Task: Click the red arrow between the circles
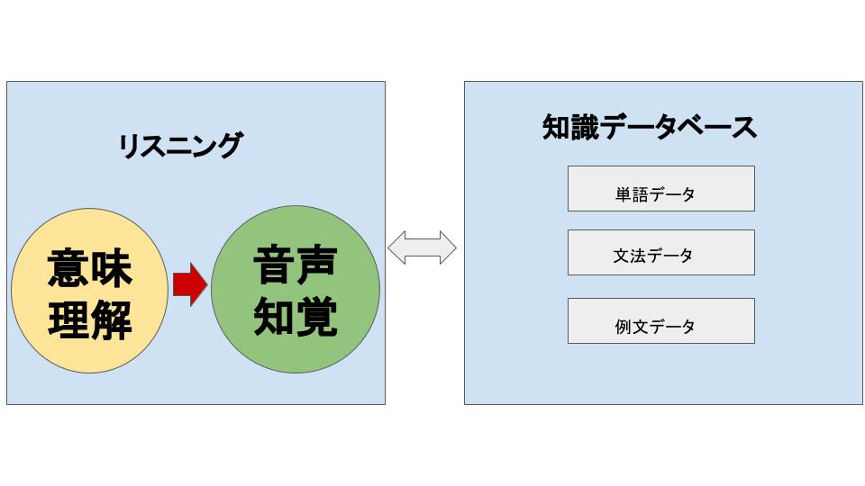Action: point(190,284)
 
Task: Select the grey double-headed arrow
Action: point(422,247)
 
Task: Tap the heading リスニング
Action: point(180,146)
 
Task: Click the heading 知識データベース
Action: point(650,127)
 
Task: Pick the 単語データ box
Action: point(660,188)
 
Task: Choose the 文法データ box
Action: point(660,252)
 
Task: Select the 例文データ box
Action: point(660,320)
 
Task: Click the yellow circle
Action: point(89,291)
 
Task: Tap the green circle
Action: point(296,289)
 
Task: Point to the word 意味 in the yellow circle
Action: point(90,268)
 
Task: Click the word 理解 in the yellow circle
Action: point(90,319)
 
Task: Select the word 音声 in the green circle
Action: point(296,265)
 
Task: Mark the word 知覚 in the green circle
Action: point(296,316)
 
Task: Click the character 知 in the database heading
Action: point(556,127)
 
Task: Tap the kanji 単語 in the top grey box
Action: point(632,194)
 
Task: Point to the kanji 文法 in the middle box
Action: point(630,256)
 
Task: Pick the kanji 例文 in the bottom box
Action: point(632,327)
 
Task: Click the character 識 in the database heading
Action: point(585,127)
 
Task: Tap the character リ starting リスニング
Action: point(130,146)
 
